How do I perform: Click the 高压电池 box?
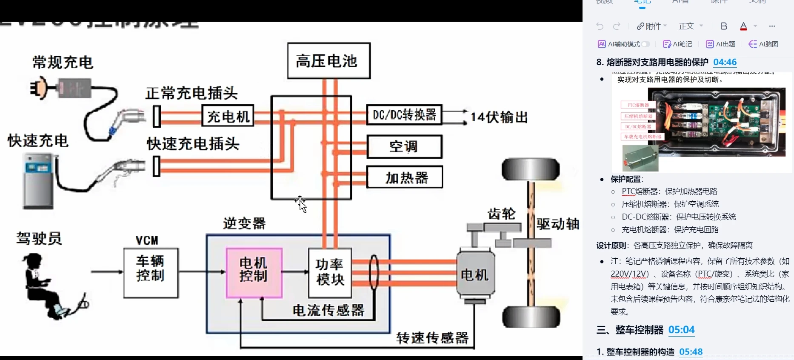click(328, 61)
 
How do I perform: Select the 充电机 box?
click(228, 116)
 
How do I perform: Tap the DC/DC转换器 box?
click(404, 115)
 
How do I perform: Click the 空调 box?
click(404, 147)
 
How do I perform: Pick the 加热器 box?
click(404, 177)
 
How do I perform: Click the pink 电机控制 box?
click(254, 272)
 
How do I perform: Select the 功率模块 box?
click(330, 272)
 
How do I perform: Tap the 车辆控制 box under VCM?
click(151, 272)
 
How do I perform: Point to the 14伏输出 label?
click(499, 117)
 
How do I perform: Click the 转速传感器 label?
click(432, 338)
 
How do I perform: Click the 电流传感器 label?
click(328, 310)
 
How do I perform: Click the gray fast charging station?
click(38, 181)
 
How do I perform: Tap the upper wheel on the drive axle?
click(531, 169)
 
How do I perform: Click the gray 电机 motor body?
click(475, 274)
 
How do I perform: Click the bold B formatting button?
click(724, 26)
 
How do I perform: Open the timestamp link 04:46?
click(725, 62)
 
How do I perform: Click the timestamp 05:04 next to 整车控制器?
click(681, 330)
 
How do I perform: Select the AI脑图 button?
click(763, 44)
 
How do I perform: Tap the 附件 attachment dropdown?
click(651, 26)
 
